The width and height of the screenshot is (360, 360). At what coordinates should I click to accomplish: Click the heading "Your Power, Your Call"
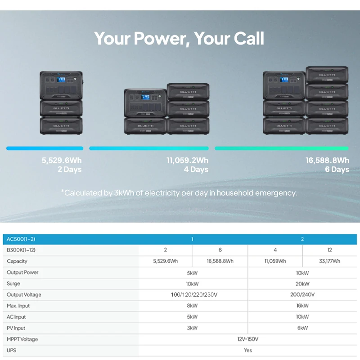tap(179, 39)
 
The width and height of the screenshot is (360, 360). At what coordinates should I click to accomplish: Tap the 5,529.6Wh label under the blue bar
tap(62, 160)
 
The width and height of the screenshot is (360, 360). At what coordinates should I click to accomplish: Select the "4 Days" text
tap(196, 170)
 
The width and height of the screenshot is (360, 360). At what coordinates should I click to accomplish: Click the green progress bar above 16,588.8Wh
tap(281, 148)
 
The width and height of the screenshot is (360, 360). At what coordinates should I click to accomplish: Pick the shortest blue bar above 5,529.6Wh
tap(45, 148)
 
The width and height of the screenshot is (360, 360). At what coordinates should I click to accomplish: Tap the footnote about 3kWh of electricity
tap(179, 193)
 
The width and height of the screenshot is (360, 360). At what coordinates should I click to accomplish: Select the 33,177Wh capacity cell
tap(330, 261)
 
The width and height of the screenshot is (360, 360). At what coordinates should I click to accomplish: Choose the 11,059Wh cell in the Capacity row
tap(275, 261)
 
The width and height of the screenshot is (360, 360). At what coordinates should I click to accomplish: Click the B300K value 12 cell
tap(330, 250)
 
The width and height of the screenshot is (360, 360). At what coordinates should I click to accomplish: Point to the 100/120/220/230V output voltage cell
tap(192, 295)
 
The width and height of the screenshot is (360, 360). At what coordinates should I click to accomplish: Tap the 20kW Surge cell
tap(302, 283)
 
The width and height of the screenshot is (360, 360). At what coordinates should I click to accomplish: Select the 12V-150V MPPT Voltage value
tap(247, 339)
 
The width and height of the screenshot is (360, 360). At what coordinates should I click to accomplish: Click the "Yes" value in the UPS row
tap(247, 350)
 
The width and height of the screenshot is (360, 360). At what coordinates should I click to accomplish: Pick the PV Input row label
tap(16, 328)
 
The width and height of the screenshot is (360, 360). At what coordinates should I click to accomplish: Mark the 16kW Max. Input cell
tap(302, 306)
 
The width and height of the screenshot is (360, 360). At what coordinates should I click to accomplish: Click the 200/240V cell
tap(302, 295)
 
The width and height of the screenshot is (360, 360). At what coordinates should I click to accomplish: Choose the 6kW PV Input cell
tap(302, 328)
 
